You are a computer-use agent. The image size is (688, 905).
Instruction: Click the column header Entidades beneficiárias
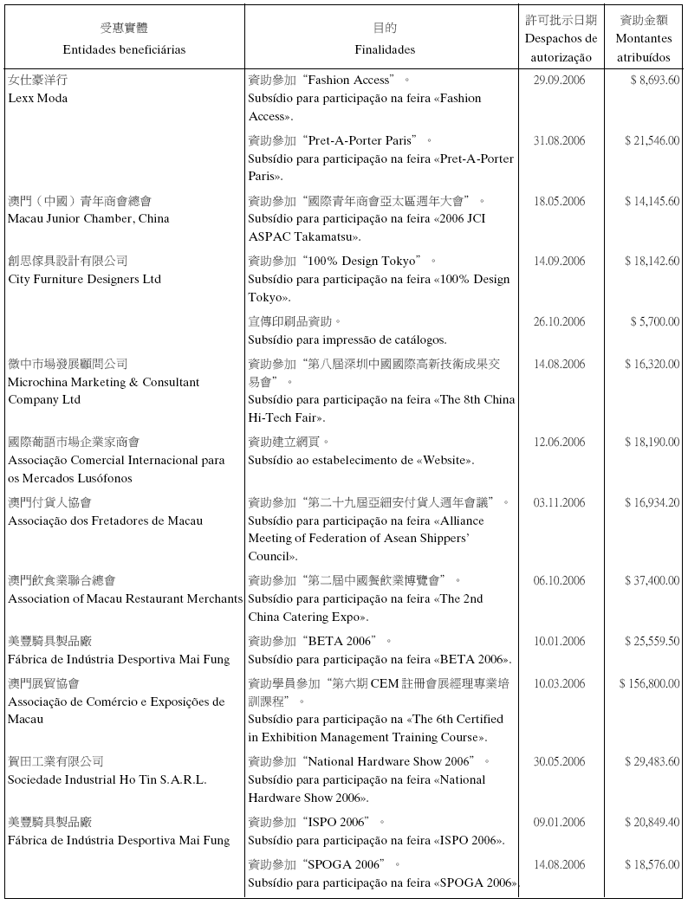click(x=124, y=49)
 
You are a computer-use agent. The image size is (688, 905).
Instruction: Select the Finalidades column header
click(x=385, y=49)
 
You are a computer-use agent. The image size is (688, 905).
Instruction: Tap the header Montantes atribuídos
click(x=643, y=48)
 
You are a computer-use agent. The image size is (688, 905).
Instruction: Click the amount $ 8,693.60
click(x=655, y=81)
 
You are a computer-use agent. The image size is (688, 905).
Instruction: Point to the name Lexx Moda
click(x=37, y=98)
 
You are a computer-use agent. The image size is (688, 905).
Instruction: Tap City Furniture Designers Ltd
click(x=84, y=279)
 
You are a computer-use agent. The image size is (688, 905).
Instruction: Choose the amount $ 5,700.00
click(x=655, y=322)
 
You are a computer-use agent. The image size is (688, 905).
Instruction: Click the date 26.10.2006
click(x=559, y=322)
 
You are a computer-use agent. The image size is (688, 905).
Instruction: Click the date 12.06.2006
click(x=559, y=443)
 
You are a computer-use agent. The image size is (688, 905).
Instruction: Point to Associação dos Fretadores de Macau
click(x=105, y=520)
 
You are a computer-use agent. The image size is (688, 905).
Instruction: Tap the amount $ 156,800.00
click(x=649, y=684)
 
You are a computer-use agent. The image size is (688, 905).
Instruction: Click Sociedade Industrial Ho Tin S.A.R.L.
click(x=107, y=779)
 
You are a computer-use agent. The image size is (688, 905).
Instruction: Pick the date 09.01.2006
click(x=559, y=822)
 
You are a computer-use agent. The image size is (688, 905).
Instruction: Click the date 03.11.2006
click(x=559, y=503)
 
